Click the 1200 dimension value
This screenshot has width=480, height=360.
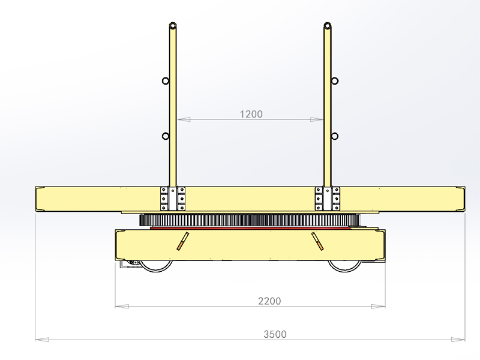click(251, 113)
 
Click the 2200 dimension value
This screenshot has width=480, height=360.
click(269, 301)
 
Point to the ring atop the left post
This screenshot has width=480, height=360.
click(173, 26)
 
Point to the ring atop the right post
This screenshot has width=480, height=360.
click(328, 26)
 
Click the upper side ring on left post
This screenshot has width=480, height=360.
click(165, 81)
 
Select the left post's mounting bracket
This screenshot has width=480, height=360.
click(172, 198)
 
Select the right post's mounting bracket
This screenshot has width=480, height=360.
click(328, 198)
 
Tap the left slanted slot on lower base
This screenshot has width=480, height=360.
click(182, 241)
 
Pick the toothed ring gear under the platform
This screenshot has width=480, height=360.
click(250, 220)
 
